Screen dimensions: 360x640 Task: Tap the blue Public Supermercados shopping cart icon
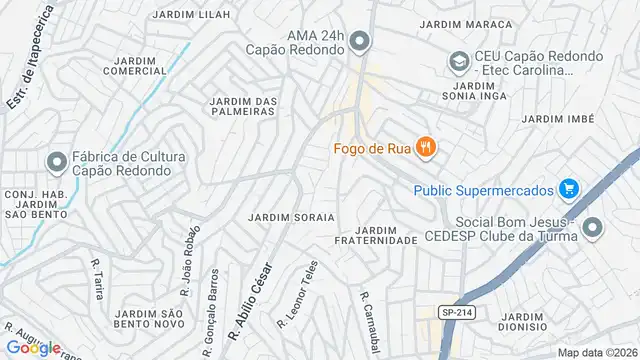pyautogui.click(x=569, y=189)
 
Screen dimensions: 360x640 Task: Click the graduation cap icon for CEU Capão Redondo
pyautogui.click(x=456, y=63)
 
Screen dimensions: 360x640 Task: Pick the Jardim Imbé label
pyautogui.click(x=558, y=119)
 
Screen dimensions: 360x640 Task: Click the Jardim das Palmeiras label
pyautogui.click(x=241, y=106)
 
